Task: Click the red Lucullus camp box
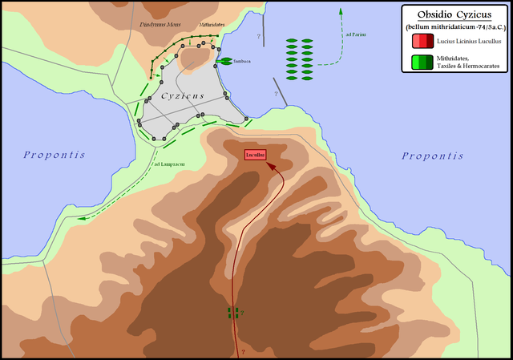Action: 255,153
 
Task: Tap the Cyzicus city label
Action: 184,95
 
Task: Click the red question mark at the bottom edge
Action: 242,351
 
